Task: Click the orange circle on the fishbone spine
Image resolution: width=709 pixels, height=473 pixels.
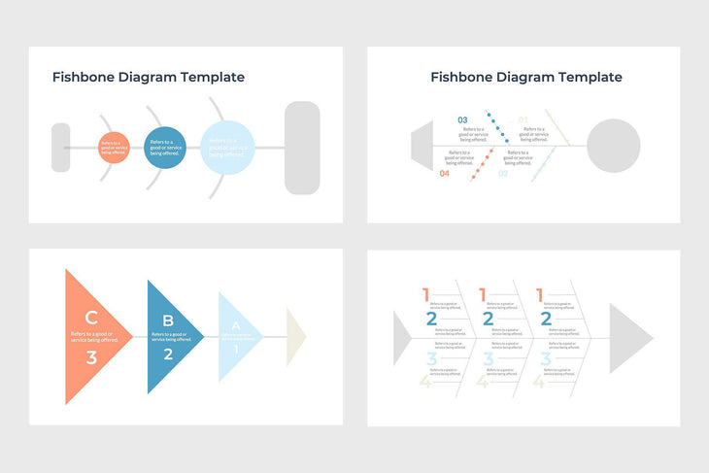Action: tap(113, 149)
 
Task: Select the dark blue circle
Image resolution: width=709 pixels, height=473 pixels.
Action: tap(165, 149)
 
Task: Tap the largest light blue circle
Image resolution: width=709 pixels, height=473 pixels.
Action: tap(227, 148)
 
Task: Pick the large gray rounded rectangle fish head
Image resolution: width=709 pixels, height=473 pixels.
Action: tap(302, 148)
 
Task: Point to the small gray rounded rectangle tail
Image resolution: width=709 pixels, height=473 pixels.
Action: tap(60, 148)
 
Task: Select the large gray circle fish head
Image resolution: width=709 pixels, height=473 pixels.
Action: tap(614, 146)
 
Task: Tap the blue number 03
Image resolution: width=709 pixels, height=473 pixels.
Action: tap(462, 120)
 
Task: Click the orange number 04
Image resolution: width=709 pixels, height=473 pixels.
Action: tap(445, 174)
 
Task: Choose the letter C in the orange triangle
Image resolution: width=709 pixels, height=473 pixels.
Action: tap(91, 317)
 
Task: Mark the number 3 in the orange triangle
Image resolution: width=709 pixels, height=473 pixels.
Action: tap(91, 357)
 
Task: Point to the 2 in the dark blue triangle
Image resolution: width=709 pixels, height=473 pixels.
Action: tap(168, 354)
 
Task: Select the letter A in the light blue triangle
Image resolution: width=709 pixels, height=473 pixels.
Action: tap(235, 326)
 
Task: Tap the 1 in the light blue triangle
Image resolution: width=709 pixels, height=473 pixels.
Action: tap(235, 349)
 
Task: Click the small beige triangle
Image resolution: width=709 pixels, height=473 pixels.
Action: tap(295, 337)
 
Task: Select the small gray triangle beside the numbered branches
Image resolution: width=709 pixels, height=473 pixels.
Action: tap(400, 338)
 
